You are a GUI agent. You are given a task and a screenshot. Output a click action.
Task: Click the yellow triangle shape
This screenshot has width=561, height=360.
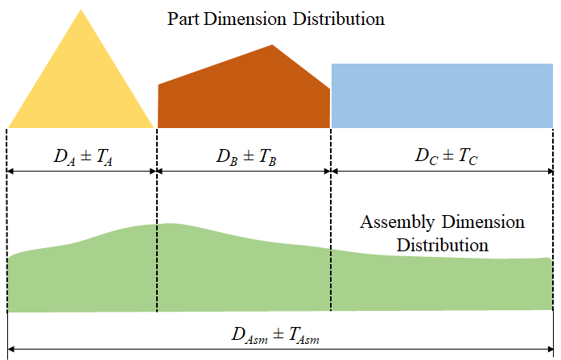tap(80, 89)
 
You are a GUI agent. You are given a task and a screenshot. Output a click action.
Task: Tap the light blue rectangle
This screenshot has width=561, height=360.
tap(442, 95)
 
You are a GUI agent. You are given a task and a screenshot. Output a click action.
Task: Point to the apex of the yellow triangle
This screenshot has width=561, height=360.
tap(81, 10)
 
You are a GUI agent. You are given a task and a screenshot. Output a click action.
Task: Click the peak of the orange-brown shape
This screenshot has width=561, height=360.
tap(274, 45)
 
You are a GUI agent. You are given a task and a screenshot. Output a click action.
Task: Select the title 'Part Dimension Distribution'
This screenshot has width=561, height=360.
tap(275, 19)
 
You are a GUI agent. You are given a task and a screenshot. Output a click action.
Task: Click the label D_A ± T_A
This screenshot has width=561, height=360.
tap(81, 156)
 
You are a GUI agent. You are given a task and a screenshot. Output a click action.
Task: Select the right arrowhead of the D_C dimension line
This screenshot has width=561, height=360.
tap(550, 171)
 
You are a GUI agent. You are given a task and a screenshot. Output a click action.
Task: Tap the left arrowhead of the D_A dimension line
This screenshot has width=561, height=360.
tap(10, 171)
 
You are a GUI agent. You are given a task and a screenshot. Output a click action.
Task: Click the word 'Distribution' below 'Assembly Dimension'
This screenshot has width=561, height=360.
tap(442, 243)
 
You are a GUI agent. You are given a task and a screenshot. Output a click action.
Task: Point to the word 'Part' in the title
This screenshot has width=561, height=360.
tap(184, 19)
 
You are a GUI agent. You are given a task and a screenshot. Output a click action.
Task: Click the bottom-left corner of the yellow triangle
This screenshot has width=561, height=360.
tap(9, 127)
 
